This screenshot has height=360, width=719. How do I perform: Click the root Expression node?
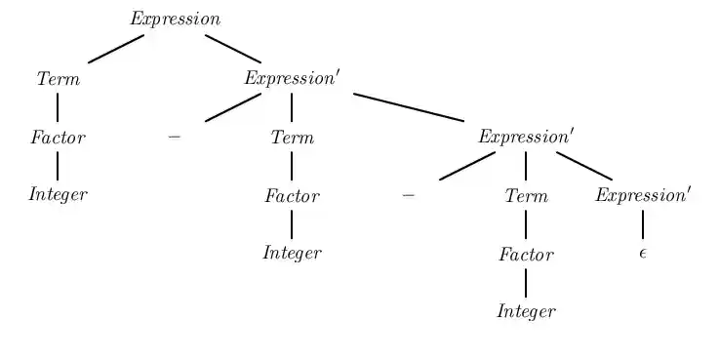point(176,20)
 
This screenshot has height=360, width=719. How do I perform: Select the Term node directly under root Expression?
point(59,79)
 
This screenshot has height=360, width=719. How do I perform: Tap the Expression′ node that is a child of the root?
point(292,79)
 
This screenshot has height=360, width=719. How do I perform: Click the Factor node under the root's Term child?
point(58,138)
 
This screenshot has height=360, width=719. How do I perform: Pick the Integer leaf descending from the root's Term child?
point(58,195)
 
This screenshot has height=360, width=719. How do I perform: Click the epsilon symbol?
point(643,254)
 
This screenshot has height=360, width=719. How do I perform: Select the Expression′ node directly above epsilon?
point(643,195)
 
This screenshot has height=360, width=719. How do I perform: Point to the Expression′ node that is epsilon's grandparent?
point(526,138)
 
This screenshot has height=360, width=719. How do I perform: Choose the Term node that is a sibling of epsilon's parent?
point(527,196)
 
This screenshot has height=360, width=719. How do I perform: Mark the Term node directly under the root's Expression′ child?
point(293,138)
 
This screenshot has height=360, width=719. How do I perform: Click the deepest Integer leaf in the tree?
point(526,312)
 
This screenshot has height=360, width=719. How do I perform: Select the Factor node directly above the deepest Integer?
point(526,255)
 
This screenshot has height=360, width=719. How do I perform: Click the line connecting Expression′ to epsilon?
point(643,224)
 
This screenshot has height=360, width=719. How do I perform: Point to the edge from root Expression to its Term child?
point(116,49)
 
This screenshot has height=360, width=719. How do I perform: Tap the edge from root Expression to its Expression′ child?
point(233,49)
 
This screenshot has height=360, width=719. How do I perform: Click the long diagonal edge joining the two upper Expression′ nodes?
point(409,107)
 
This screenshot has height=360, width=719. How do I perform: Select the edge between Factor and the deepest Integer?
point(526,283)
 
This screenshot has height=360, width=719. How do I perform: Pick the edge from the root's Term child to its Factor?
point(58,107)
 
